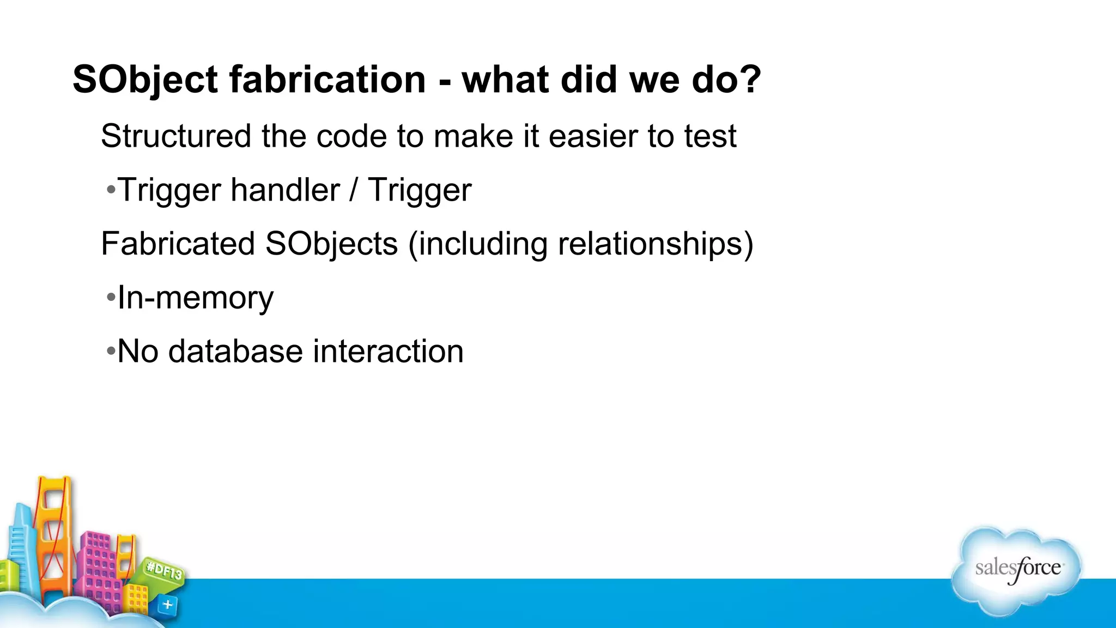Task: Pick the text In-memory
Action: coord(195,298)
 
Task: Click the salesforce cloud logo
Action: coord(1017,570)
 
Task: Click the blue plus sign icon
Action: coord(167,605)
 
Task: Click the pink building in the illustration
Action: coord(98,567)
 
